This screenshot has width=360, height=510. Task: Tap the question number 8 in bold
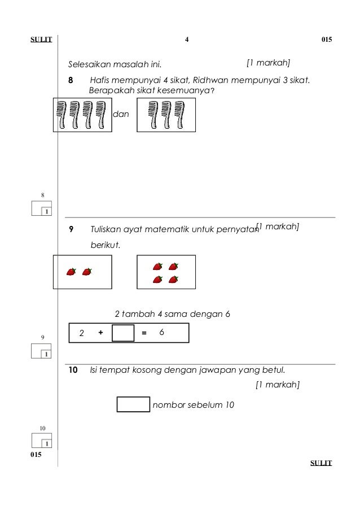pyautogui.click(x=71, y=81)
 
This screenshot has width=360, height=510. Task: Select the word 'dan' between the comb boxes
pyautogui.click(x=121, y=114)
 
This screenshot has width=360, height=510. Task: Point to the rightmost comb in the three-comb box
pyautogui.click(x=181, y=115)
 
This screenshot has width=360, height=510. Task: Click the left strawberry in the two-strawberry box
pyautogui.click(x=71, y=272)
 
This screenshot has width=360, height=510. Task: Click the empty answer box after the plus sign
pyautogui.click(x=123, y=333)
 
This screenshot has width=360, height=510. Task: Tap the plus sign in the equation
pyautogui.click(x=100, y=333)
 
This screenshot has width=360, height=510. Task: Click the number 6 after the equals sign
pyautogui.click(x=161, y=333)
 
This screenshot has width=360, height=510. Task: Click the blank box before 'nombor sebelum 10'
pyautogui.click(x=133, y=405)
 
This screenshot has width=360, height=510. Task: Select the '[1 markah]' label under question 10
pyautogui.click(x=277, y=385)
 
